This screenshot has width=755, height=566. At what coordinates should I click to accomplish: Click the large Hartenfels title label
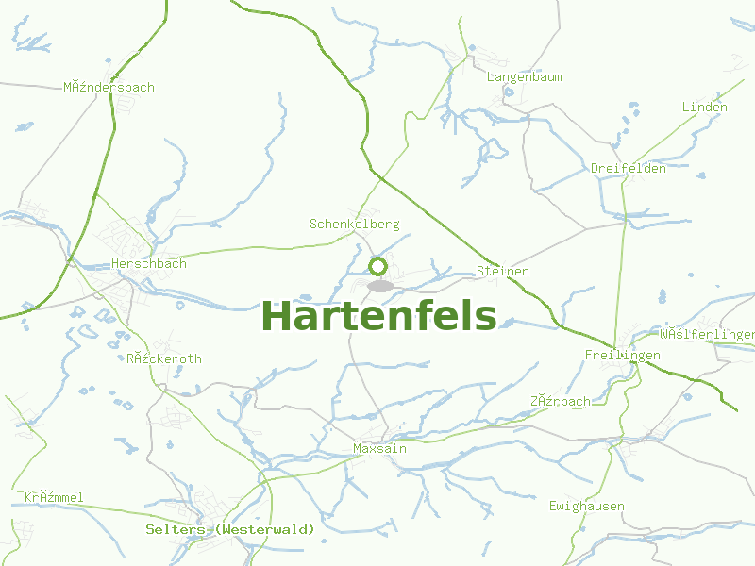pos(378,316)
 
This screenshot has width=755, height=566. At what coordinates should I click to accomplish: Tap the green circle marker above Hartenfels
pos(377,266)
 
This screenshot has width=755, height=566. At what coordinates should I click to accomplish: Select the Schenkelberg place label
pos(355,225)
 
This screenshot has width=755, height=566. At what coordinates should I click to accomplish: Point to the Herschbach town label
pos(149,264)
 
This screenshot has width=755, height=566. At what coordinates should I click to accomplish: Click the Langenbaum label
pos(525,76)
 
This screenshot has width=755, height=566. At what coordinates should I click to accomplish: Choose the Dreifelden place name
pos(629,169)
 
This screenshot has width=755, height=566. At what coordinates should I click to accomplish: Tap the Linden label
pos(705,108)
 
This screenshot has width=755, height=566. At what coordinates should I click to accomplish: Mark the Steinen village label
pos(503,272)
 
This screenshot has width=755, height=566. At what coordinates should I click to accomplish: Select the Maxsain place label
pos(379,449)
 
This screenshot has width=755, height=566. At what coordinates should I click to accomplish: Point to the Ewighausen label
pos(587,507)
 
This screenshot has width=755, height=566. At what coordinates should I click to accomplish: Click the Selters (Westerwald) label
pos(230,530)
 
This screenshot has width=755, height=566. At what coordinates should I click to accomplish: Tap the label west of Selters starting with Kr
pos(55,497)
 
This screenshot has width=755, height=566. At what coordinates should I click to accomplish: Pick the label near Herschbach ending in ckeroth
pos(164,359)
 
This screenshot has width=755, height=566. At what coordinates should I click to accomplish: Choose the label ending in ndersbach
pos(109,88)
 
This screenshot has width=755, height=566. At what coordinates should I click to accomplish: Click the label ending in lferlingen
pos(708,335)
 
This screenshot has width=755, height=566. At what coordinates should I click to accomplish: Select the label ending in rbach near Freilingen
pos(561,401)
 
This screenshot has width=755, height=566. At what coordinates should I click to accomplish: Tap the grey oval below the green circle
pos(380,286)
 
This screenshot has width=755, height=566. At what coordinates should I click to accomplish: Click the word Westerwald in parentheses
pos(265,530)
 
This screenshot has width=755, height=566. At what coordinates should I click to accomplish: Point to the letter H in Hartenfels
pos(277,316)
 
